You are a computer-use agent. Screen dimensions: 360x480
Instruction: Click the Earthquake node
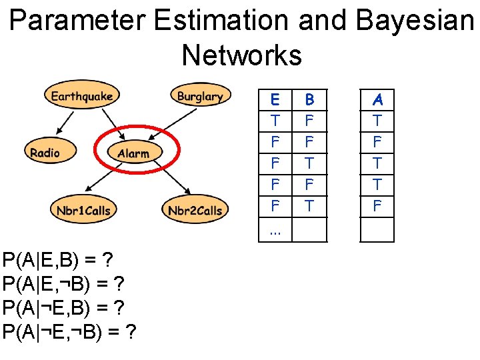[x=82, y=96]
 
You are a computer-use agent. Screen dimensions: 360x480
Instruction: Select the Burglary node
[x=200, y=96]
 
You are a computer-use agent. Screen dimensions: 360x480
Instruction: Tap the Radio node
[x=45, y=153]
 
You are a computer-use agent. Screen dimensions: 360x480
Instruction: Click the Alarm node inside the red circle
[x=133, y=153]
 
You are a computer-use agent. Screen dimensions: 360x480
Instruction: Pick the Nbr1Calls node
[x=83, y=211]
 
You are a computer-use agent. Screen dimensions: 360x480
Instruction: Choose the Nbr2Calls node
[x=195, y=211]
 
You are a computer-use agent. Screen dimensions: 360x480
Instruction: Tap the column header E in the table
[x=275, y=100]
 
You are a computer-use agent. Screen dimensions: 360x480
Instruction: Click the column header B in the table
[x=309, y=100]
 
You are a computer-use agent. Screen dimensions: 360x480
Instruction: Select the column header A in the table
[x=378, y=100]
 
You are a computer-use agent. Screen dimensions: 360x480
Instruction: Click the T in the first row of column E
[x=275, y=121]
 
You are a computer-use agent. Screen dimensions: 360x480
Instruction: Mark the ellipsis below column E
[x=275, y=231]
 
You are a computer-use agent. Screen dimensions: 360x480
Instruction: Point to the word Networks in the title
[x=241, y=55]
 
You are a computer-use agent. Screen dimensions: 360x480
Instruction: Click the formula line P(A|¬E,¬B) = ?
[x=69, y=331]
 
